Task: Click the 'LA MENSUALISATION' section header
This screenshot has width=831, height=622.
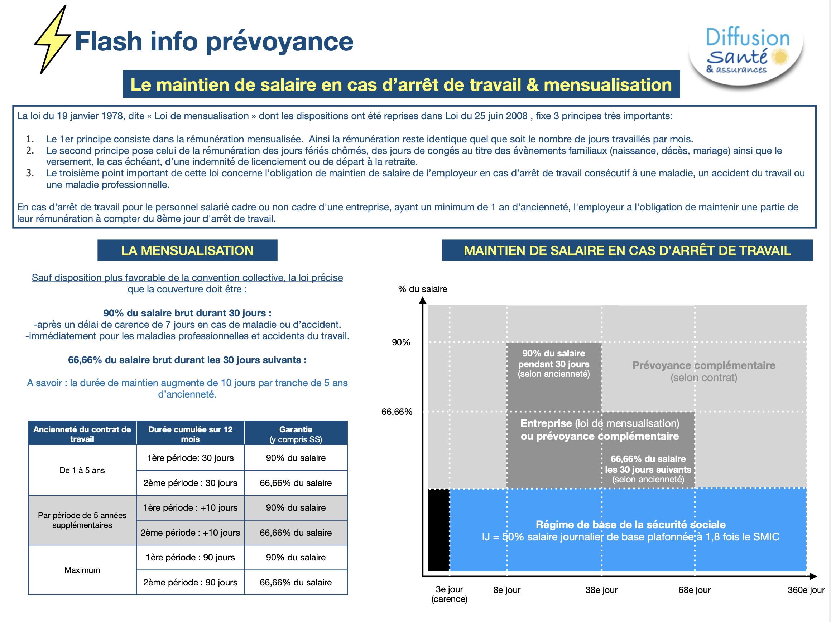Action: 187,251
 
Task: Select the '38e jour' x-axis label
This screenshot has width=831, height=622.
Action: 601,590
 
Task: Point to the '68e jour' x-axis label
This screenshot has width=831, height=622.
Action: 694,590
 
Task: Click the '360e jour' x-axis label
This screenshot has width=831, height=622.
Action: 806,590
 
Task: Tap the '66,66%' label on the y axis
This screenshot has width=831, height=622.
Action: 397,412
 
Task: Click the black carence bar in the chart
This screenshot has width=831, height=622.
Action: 438,530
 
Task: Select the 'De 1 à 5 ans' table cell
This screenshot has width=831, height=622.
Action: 82,470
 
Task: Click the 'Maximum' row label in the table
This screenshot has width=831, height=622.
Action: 82,570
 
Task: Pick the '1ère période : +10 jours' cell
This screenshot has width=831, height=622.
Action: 190,507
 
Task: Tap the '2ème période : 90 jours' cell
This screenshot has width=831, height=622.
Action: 190,582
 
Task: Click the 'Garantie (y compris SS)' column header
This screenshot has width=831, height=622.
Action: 296,434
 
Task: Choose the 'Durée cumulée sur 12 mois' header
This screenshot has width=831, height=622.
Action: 190,434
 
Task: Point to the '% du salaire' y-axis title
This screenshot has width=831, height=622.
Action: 422,289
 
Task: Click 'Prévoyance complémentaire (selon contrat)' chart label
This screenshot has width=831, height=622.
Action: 703,371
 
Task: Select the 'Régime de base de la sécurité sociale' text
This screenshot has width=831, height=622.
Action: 630,524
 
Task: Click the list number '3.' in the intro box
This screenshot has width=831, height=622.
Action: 30,173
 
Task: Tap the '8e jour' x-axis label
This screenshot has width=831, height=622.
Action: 506,590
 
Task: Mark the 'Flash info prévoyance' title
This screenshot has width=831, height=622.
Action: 214,41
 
